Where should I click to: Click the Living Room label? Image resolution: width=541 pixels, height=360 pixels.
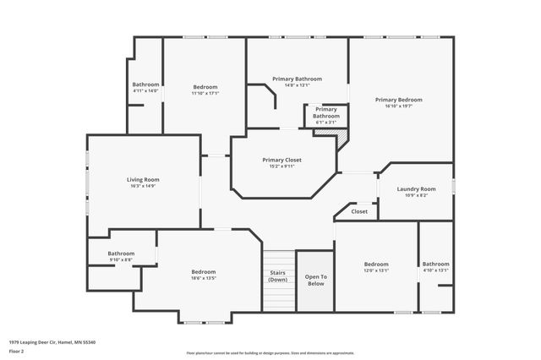pyautogui.click(x=143, y=179)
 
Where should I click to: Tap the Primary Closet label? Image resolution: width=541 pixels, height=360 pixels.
pyautogui.click(x=281, y=160)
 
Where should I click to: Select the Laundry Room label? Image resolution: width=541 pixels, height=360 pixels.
pyautogui.click(x=416, y=188)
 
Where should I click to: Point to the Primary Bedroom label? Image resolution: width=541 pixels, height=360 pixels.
pyautogui.click(x=398, y=100)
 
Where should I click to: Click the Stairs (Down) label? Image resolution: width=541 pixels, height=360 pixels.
pyautogui.click(x=277, y=276)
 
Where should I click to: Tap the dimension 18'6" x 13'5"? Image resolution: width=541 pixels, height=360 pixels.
pyautogui.click(x=204, y=278)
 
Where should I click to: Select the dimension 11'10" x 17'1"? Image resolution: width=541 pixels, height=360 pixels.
pyautogui.click(x=205, y=94)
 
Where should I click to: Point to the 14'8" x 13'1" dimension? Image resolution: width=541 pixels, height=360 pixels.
pyautogui.click(x=297, y=85)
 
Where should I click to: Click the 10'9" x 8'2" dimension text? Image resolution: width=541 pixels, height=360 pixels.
pyautogui.click(x=416, y=196)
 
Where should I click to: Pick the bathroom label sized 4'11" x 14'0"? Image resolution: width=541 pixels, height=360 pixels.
pyautogui.click(x=145, y=85)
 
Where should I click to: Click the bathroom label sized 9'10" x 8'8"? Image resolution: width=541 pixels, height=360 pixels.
pyautogui.click(x=120, y=254)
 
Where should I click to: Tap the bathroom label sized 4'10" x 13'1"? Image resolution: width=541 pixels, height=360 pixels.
pyautogui.click(x=435, y=264)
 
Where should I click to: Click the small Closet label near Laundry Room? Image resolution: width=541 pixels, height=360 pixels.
pyautogui.click(x=359, y=211)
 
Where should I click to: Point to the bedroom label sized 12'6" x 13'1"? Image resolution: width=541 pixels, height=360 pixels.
pyautogui.click(x=376, y=264)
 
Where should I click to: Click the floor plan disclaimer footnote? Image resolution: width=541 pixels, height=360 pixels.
pyautogui.click(x=270, y=353)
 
